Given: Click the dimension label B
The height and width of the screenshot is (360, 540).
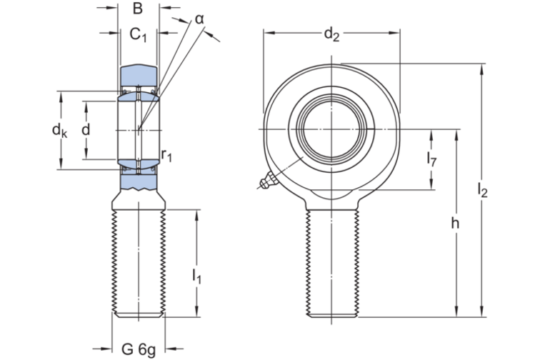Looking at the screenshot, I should point(138,9).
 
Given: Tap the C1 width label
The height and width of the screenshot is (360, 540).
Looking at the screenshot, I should point(139,34).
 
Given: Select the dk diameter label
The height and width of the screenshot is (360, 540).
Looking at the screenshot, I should point(59,129).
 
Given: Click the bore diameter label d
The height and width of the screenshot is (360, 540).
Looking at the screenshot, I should point(86,129).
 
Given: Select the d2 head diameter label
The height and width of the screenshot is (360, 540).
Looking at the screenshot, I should point(331,33).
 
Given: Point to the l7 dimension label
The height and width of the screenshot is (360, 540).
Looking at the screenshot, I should point(432,159).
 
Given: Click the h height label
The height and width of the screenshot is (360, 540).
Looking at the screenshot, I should point(455,224).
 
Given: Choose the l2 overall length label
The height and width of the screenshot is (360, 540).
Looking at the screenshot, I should point(482,191).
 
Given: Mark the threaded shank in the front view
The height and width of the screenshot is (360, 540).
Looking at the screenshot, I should point(332,257).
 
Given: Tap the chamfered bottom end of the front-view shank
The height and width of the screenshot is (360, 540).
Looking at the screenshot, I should point(332,314).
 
